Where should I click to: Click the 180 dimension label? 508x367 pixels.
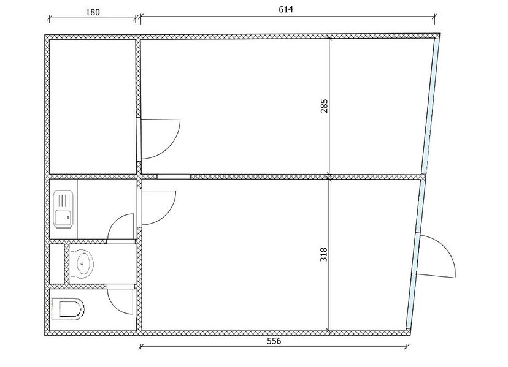click(x=93, y=12)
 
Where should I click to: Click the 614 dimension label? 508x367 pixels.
click(x=286, y=9)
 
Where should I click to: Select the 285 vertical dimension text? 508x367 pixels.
click(x=325, y=106)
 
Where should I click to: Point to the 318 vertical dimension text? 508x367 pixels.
click(x=324, y=254)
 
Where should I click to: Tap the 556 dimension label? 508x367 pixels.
click(x=274, y=341)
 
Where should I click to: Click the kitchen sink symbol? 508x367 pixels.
click(x=64, y=210)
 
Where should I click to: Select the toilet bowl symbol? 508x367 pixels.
click(x=68, y=309)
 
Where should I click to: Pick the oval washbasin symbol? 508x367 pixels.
click(x=82, y=263)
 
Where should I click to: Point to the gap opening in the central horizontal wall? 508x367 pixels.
click(x=174, y=176)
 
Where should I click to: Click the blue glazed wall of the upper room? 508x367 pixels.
click(x=431, y=106)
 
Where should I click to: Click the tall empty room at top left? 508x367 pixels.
click(x=93, y=107)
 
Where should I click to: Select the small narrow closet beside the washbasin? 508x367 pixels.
click(x=57, y=264)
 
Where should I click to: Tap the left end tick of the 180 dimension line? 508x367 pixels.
click(x=49, y=19)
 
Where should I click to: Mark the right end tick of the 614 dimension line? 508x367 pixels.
click(x=435, y=18)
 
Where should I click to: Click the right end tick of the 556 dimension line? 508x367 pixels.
click(x=406, y=347)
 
